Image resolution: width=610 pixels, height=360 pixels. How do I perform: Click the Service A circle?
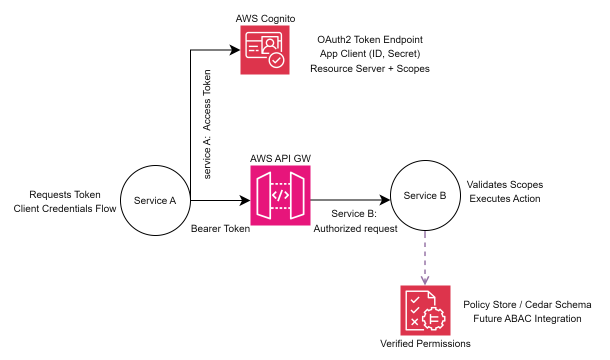155,200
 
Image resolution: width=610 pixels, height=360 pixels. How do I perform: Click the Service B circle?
425,195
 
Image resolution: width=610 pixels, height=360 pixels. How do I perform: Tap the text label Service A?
155,200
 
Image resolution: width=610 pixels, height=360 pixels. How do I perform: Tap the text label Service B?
425,195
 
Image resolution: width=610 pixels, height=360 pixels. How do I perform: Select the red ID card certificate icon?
265,50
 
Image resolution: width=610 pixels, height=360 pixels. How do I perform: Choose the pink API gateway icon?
280,195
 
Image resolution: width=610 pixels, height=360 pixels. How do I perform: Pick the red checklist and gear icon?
425,310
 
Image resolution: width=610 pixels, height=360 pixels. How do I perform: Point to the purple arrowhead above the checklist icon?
425,279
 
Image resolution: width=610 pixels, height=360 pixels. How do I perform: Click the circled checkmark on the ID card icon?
276,60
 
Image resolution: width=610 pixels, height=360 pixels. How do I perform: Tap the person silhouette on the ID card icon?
271,44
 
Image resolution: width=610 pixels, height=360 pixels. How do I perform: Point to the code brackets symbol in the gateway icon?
281,195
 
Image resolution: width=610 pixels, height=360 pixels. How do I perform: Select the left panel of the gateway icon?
263,195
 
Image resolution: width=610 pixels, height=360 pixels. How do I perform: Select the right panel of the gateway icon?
299,195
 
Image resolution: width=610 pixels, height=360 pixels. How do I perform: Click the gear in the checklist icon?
434,318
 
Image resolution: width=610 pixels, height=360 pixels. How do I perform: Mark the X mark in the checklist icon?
414,322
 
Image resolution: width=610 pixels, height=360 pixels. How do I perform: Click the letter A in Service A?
172,200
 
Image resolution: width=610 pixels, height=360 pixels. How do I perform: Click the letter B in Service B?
443,195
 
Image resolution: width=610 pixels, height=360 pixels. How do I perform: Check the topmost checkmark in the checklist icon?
414,300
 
